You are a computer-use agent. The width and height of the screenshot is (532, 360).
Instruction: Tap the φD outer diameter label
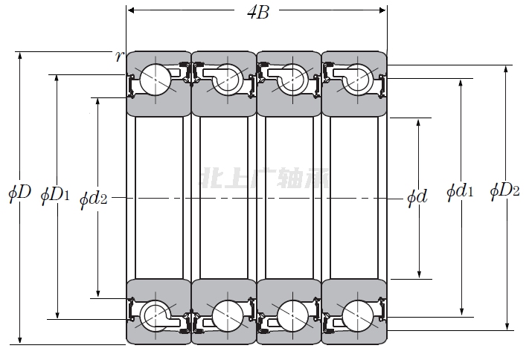tap(19, 194)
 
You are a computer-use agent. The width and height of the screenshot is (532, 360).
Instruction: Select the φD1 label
tap(55, 195)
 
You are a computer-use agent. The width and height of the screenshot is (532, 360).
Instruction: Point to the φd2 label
tap(94, 198)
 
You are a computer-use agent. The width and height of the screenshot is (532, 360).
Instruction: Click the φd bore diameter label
tap(417, 197)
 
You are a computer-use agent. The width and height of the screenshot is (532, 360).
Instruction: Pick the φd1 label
tap(460, 192)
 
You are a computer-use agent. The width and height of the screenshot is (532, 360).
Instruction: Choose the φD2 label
tap(504, 190)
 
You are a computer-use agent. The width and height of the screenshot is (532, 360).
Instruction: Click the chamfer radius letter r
tap(118, 57)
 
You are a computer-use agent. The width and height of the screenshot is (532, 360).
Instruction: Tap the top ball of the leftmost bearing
tap(156, 78)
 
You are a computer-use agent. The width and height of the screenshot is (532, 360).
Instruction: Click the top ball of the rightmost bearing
tap(355, 78)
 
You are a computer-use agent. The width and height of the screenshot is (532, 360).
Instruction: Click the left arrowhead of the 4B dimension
tap(130, 10)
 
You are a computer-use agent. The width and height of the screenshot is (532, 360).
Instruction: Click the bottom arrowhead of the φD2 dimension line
tap(508, 326)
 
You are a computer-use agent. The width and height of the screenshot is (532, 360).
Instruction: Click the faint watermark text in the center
tap(266, 178)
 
